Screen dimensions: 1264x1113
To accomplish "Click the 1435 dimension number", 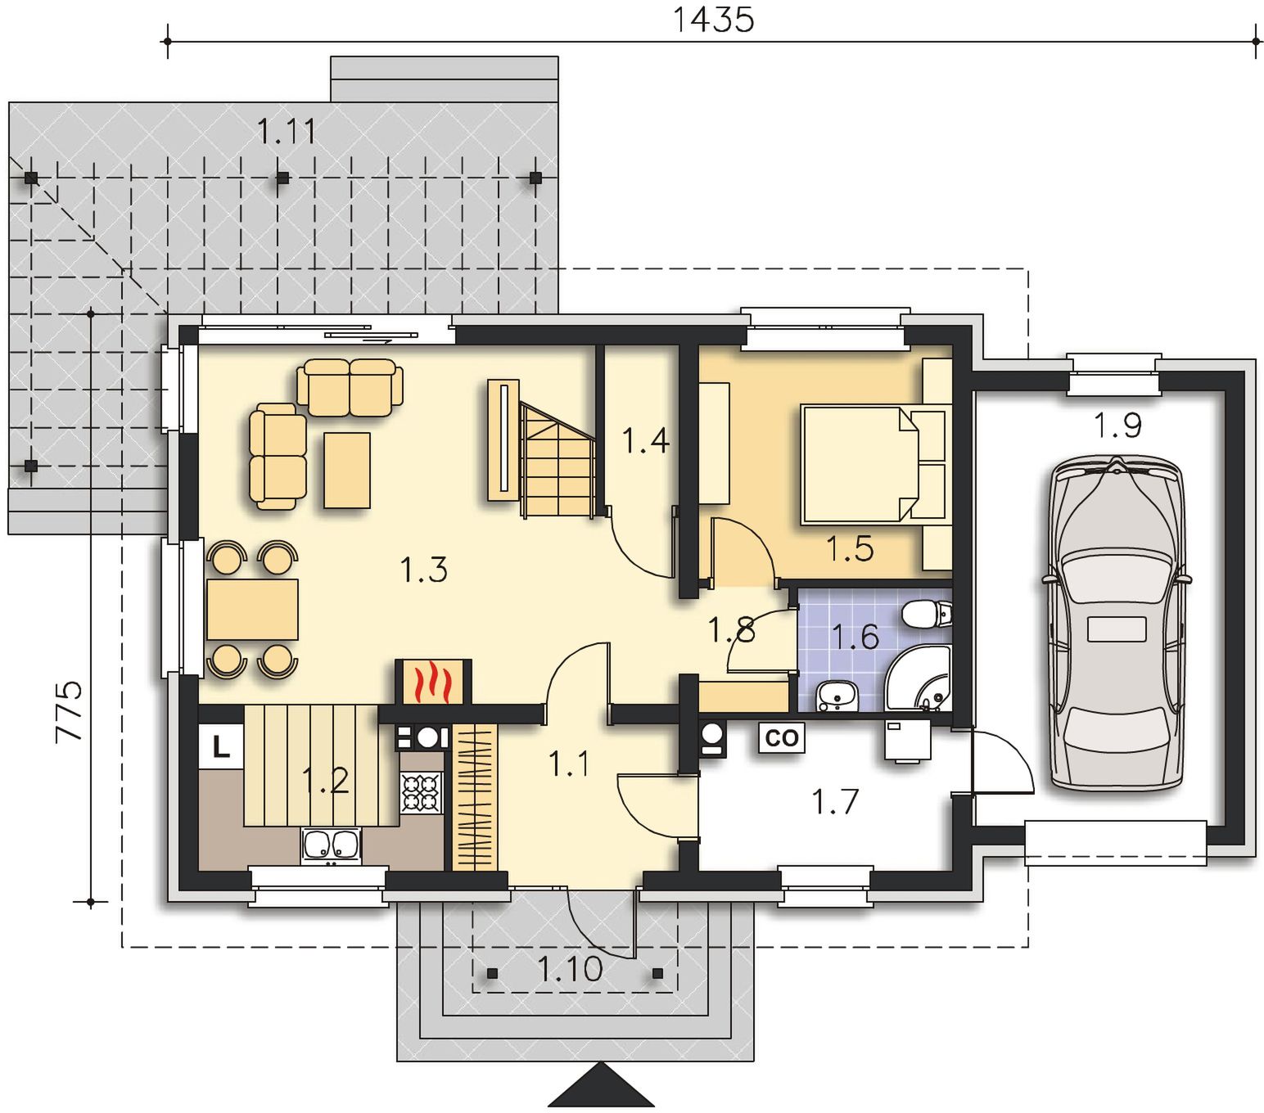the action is click(x=714, y=20).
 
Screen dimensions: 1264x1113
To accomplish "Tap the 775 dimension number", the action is click(x=70, y=710).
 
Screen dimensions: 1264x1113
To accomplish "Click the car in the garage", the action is click(x=1116, y=623).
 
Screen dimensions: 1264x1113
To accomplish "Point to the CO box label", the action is click(x=781, y=738).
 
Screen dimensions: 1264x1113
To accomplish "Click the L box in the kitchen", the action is click(x=220, y=746).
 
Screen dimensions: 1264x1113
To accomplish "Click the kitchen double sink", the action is click(x=331, y=845).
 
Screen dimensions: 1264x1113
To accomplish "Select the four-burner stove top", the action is click(x=421, y=792).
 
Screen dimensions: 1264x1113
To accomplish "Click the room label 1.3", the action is click(x=423, y=570).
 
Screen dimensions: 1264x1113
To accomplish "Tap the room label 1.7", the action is click(x=835, y=802).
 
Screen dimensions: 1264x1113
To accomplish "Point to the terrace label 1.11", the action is click(x=287, y=131).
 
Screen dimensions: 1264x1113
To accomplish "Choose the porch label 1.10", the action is click(x=570, y=969).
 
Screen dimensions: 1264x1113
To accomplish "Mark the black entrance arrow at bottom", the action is click(x=601, y=1084).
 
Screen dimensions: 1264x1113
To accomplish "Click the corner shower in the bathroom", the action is click(x=919, y=678).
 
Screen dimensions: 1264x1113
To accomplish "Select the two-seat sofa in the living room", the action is click(x=350, y=387).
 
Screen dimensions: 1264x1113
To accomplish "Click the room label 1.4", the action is click(x=646, y=440).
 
